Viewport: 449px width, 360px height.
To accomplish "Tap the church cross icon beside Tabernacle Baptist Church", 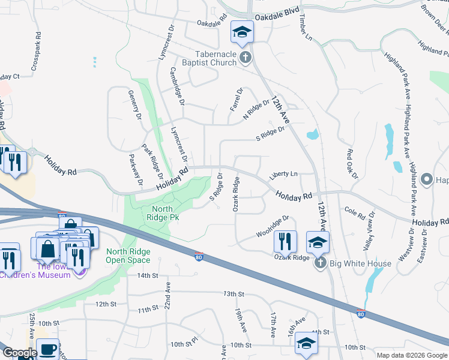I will [x=245, y=58].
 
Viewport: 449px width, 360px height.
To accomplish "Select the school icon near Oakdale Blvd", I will [x=243, y=32].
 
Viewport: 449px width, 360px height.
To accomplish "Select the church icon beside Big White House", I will [x=320, y=263].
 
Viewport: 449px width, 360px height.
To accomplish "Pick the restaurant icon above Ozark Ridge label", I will [x=285, y=241].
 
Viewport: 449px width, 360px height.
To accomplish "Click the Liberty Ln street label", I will [x=283, y=175].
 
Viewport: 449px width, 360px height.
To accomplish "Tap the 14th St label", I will [x=146, y=275].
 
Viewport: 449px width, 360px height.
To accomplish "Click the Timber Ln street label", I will [x=305, y=28].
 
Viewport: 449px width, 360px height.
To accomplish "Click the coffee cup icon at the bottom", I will [x=47, y=349].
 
